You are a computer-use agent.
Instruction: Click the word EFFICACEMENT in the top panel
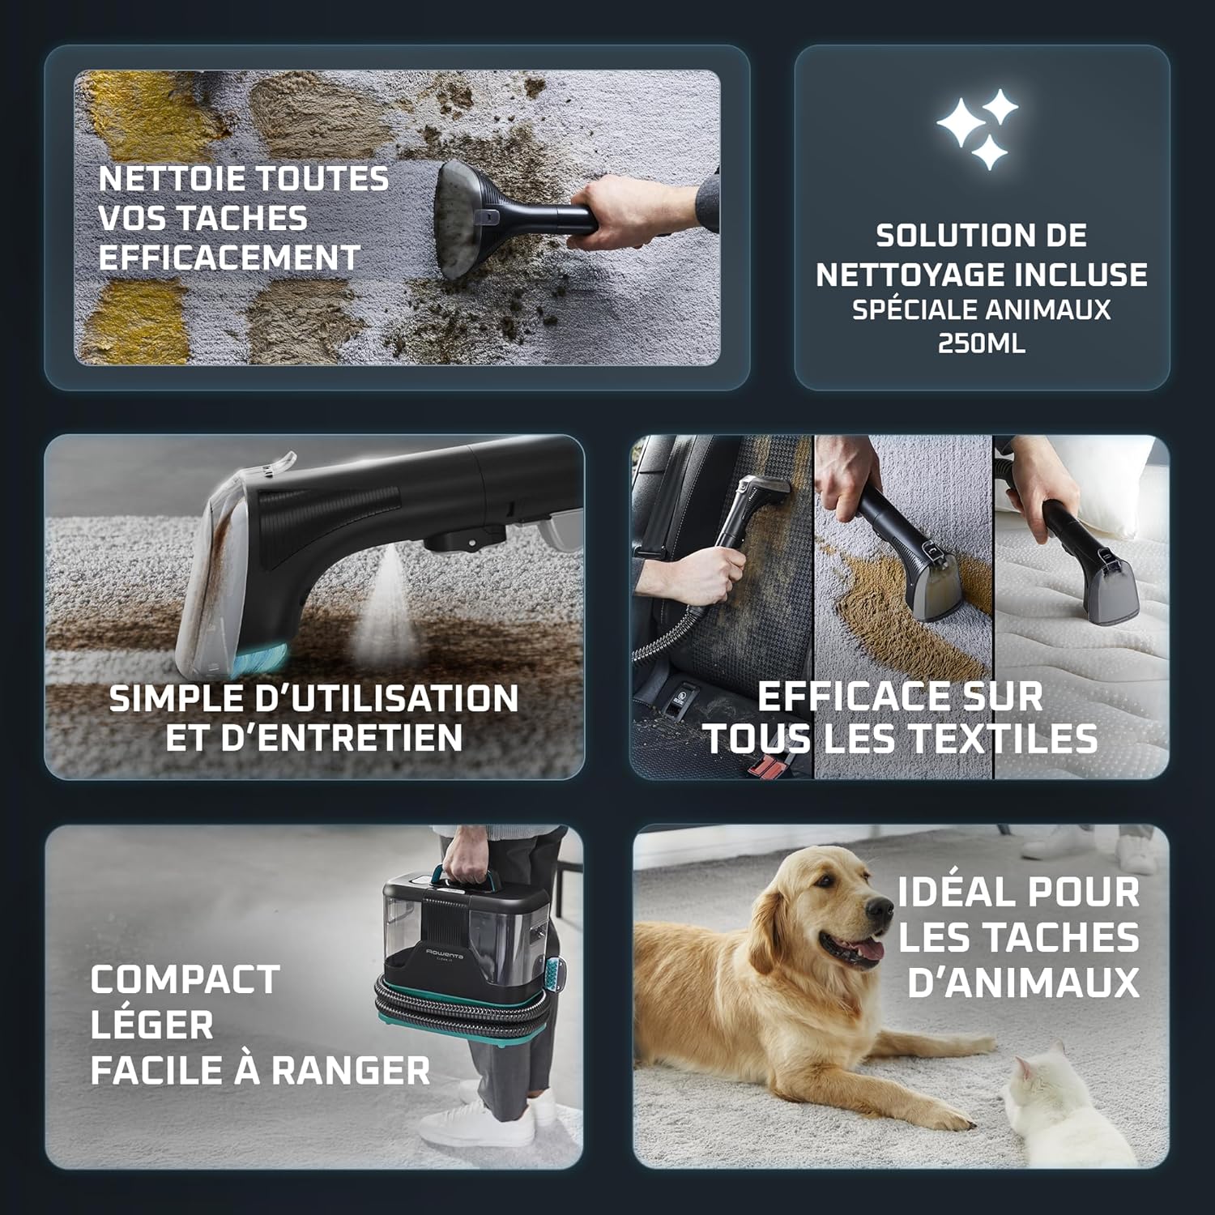(229, 258)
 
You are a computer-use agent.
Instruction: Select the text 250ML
(981, 343)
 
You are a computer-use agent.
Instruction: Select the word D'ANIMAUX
(1023, 981)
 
